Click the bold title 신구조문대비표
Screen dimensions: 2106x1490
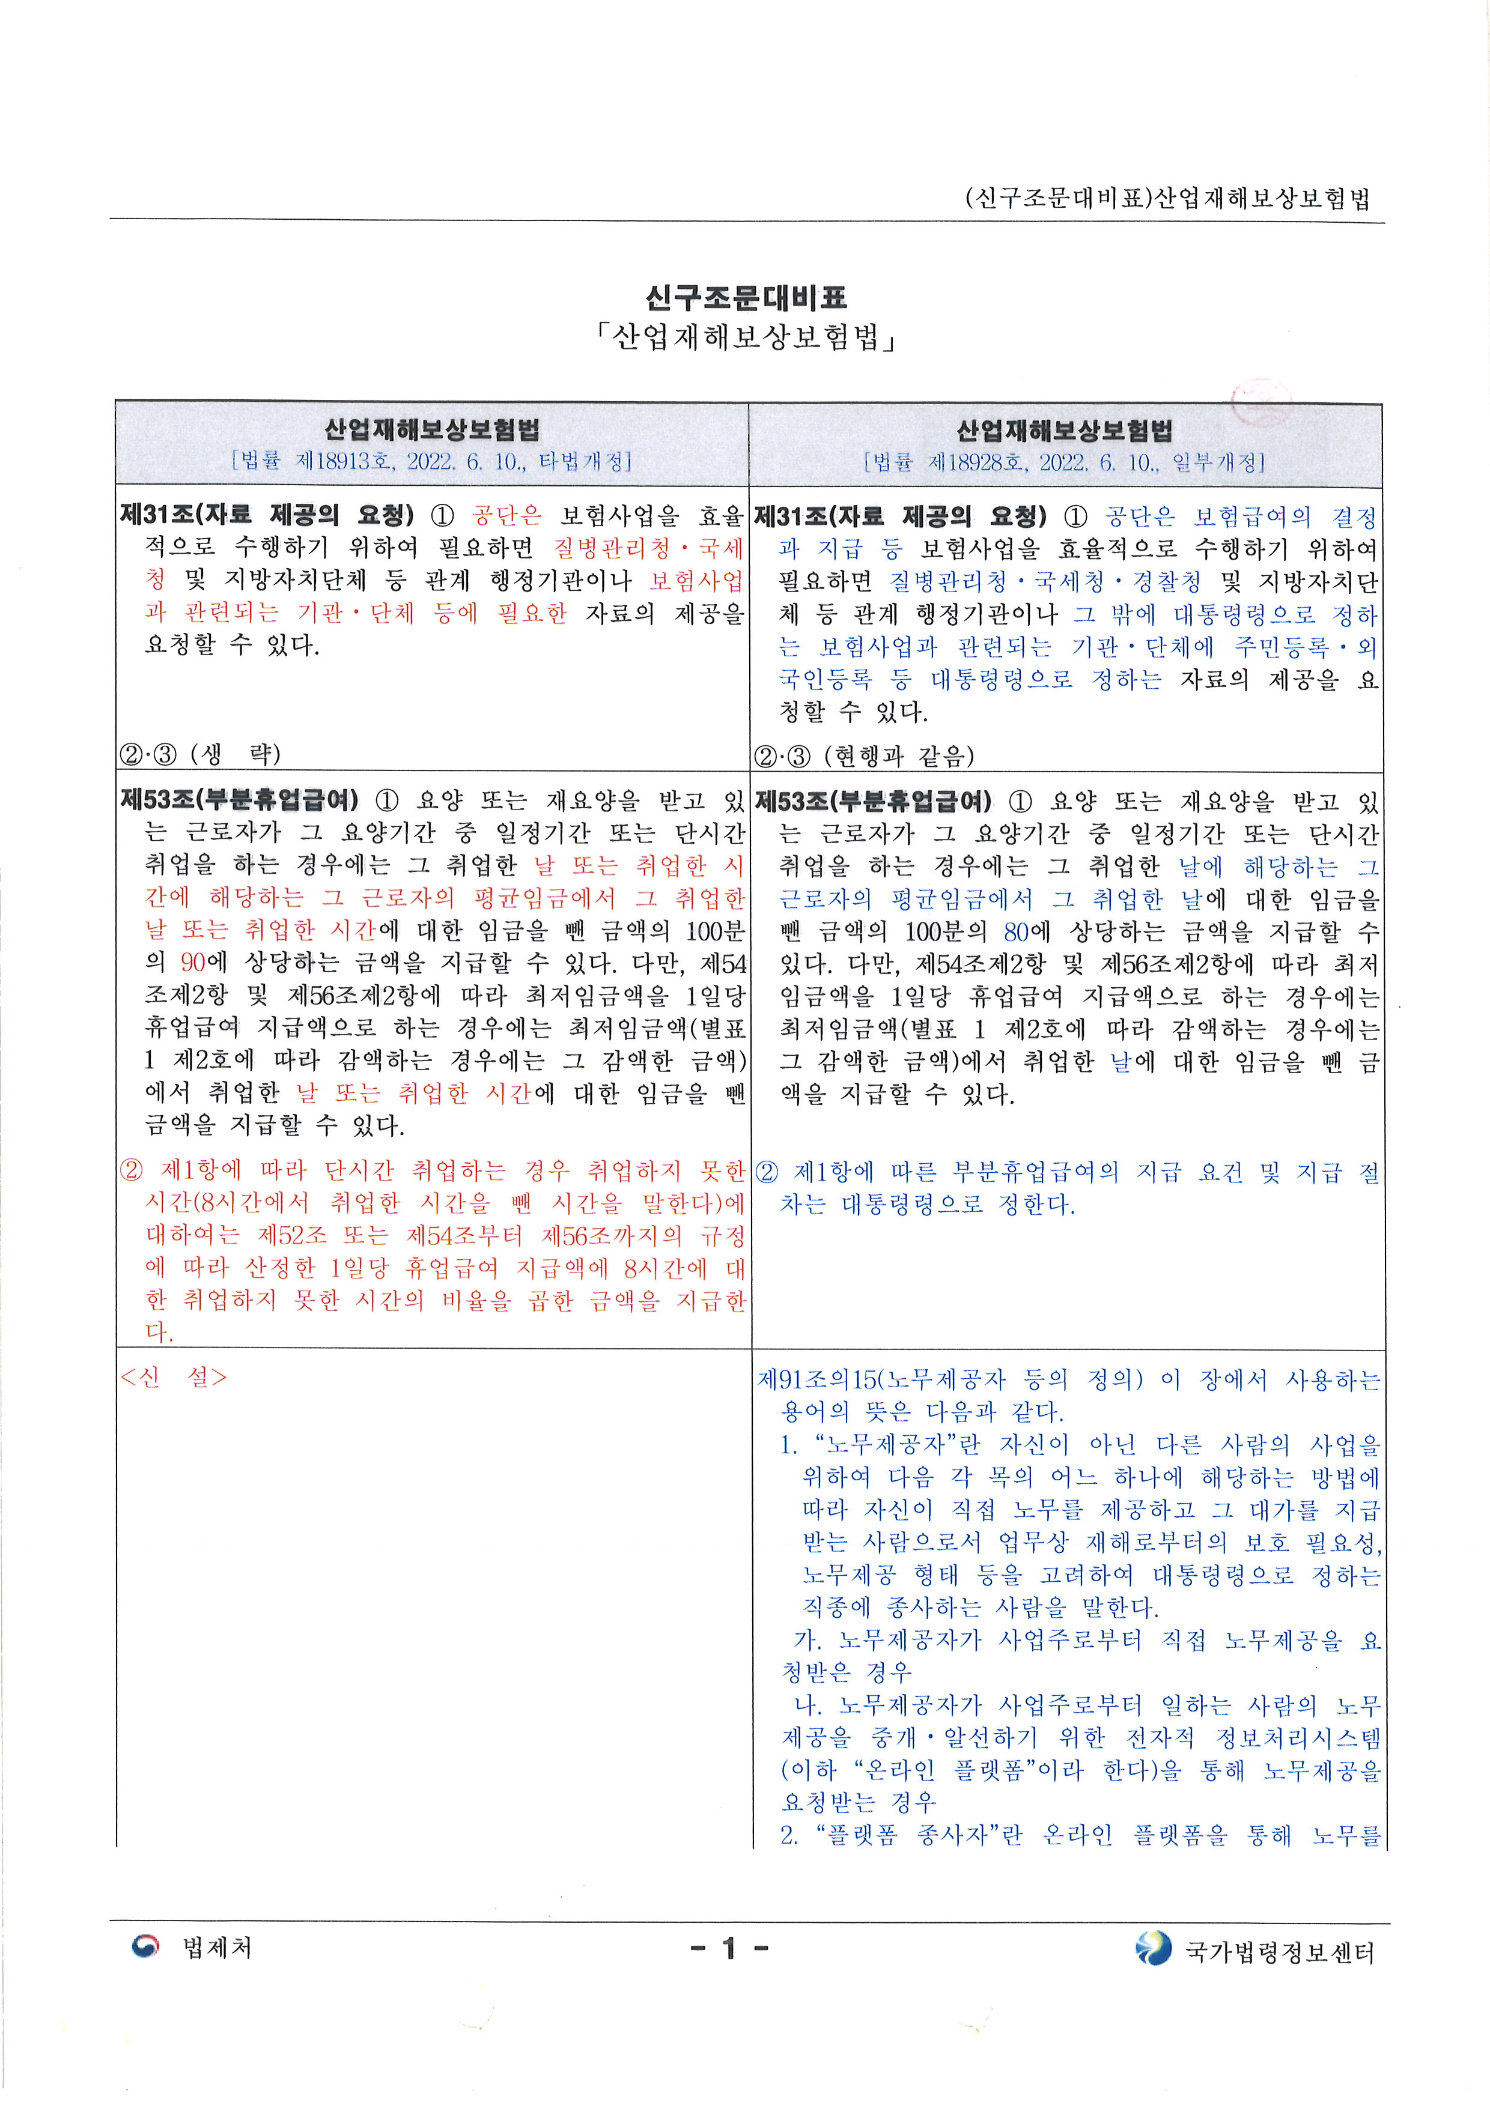[x=745, y=298]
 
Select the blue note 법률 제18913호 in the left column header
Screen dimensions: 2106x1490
[x=431, y=461]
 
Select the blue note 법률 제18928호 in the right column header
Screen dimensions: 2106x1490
[x=1064, y=461]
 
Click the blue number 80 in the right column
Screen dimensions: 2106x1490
[x=1015, y=932]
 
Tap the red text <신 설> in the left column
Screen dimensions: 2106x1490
[x=174, y=1377]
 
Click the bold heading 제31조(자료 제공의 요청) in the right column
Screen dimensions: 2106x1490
[x=900, y=516]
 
